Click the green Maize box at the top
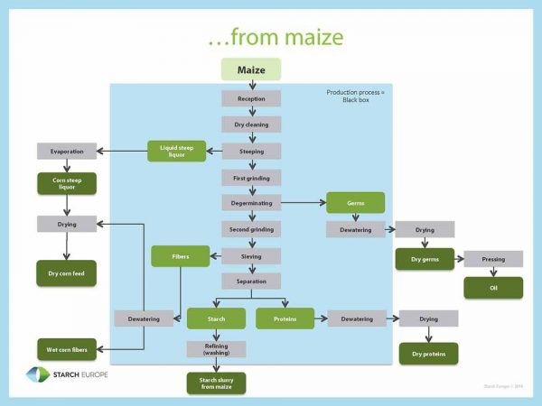(x=251, y=69)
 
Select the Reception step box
(x=251, y=98)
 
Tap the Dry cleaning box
(x=251, y=125)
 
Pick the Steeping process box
(x=251, y=151)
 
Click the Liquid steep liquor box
(x=177, y=151)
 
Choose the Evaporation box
(x=66, y=151)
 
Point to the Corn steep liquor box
(x=66, y=184)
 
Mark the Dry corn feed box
(x=66, y=272)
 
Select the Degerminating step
(x=251, y=203)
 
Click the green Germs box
(x=355, y=203)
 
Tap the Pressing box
(x=493, y=259)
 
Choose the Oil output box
(x=493, y=288)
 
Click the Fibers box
(x=181, y=256)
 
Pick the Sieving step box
(x=251, y=255)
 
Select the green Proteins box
(x=285, y=318)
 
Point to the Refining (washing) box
(x=216, y=348)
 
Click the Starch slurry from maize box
(x=216, y=383)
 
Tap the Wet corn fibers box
(x=66, y=349)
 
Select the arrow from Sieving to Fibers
(x=216, y=256)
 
